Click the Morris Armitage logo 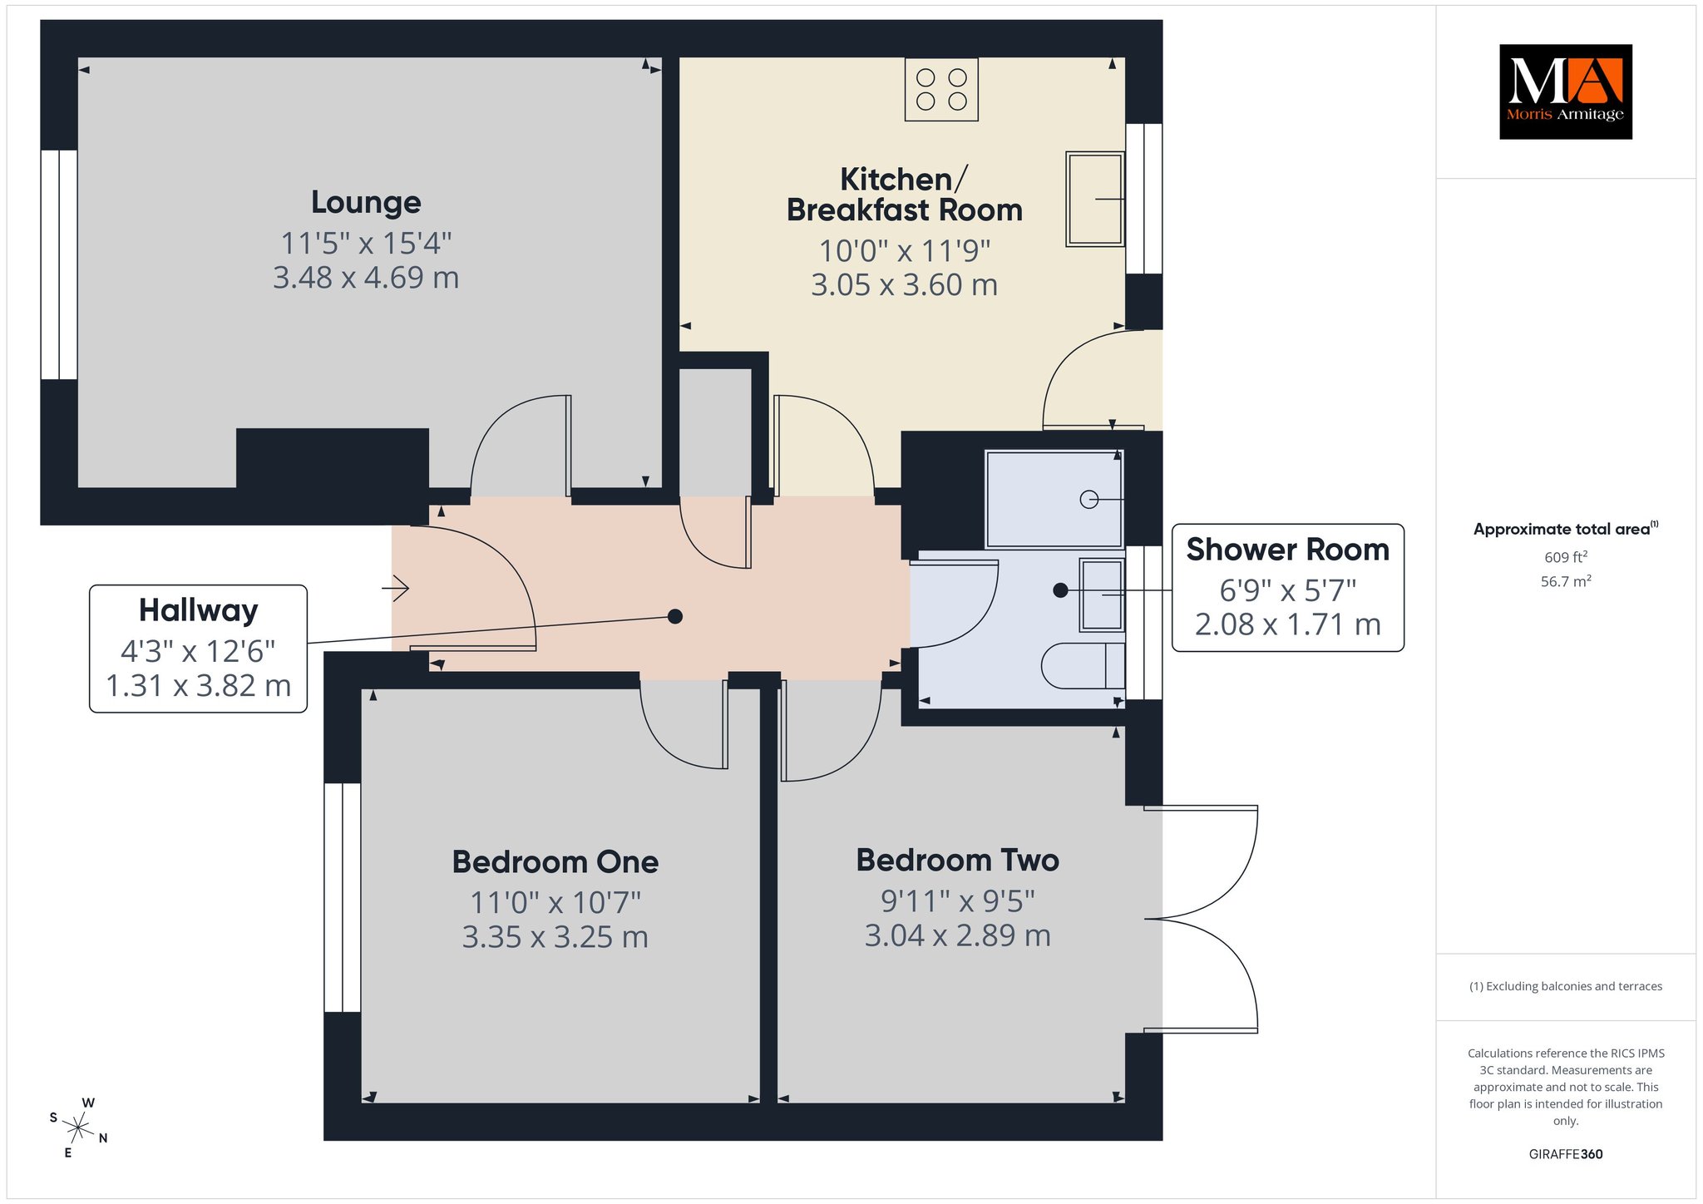[x=1565, y=91]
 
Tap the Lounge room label [x=366, y=202]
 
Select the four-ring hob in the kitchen [x=941, y=89]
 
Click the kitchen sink [x=1095, y=199]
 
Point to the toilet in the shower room [x=1083, y=665]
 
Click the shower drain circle [x=1088, y=499]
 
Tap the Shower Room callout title [x=1287, y=550]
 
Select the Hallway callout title [x=198, y=610]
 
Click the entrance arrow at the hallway [x=396, y=589]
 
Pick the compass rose [x=78, y=1128]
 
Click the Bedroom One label [x=555, y=862]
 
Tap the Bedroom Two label [x=958, y=860]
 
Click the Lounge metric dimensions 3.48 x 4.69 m [x=366, y=278]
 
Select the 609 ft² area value [x=1566, y=557]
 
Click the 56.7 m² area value [x=1566, y=581]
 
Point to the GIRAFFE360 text [x=1566, y=1154]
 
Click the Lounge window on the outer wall [x=59, y=264]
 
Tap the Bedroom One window [x=342, y=898]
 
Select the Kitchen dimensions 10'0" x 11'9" [x=905, y=250]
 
